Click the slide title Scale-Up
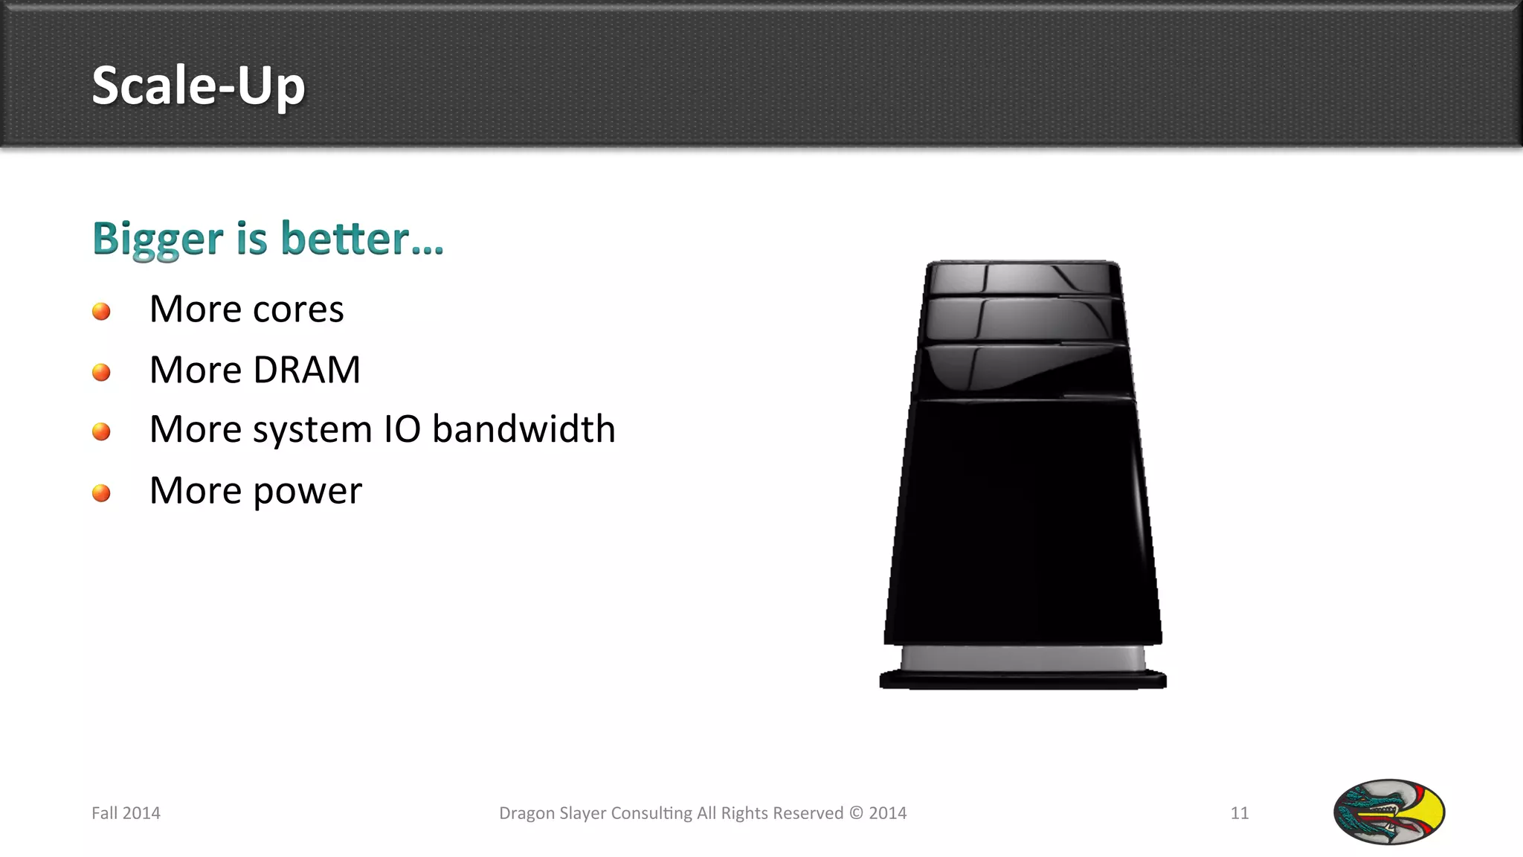pos(198,86)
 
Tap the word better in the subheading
pos(346,239)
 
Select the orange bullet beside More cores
pos(101,311)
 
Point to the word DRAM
pos(306,370)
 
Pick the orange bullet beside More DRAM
pos(101,372)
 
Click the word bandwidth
pos(524,429)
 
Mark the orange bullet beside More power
pos(101,493)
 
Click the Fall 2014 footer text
pos(126,813)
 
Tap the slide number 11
pos(1239,813)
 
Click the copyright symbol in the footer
pos(856,813)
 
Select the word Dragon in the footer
pos(527,813)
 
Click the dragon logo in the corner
pos(1388,812)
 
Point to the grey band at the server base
pos(1023,658)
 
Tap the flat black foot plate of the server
pos(1023,680)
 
